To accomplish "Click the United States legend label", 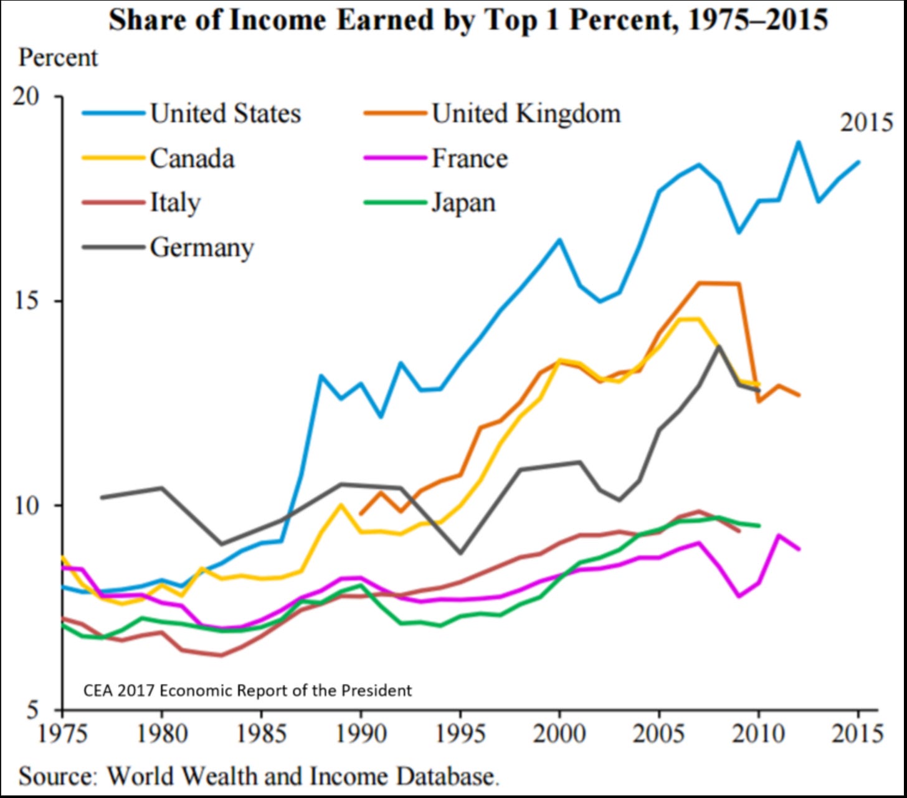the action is (225, 113).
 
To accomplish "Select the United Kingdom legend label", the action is (526, 113).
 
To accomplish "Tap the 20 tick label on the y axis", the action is (26, 97).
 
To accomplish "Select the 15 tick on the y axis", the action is (26, 301).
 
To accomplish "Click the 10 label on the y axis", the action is (26, 506).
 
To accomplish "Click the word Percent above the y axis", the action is (58, 58).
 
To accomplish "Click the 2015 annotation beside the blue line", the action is (867, 123).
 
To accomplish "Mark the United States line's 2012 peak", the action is (798, 143).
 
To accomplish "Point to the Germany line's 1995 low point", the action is (460, 553).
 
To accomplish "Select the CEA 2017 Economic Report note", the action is (247, 690).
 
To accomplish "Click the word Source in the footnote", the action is (58, 776).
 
